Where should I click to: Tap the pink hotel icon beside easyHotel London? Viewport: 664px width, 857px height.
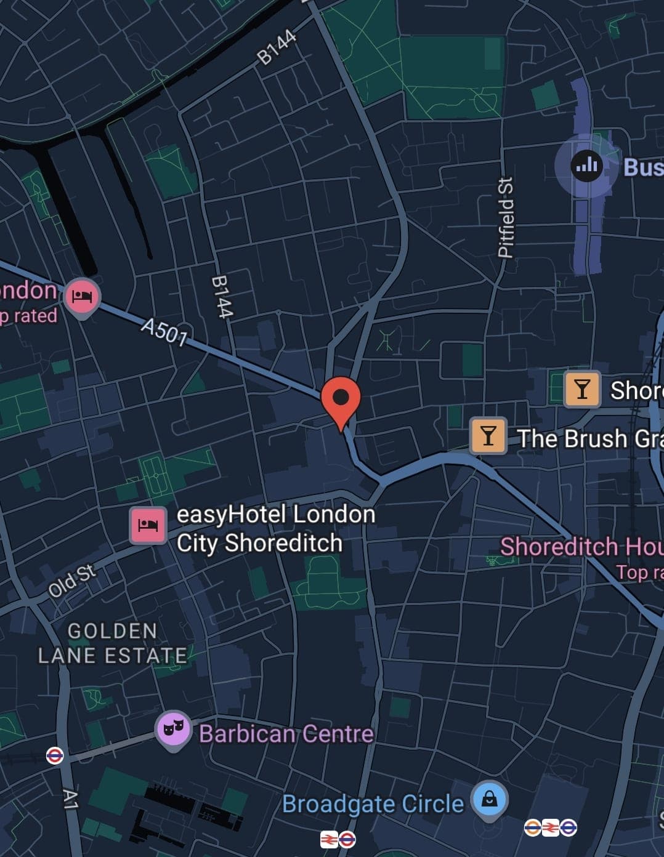tap(148, 525)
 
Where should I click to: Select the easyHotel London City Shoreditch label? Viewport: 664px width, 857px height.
tap(275, 528)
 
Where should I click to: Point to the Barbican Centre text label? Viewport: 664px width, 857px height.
tap(286, 734)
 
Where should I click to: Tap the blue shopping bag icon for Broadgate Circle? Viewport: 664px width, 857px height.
tap(489, 800)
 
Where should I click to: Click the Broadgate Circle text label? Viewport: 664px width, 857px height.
tap(373, 804)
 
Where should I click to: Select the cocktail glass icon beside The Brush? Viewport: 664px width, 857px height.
tap(488, 436)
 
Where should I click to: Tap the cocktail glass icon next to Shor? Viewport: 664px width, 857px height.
tap(581, 389)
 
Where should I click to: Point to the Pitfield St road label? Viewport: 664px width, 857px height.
tap(506, 217)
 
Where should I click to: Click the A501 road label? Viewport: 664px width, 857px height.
tap(164, 332)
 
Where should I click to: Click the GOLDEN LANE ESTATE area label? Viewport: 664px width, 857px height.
tap(112, 643)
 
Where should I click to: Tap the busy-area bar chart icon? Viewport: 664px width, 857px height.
tap(586, 165)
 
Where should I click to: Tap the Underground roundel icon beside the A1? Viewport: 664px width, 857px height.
tap(55, 755)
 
